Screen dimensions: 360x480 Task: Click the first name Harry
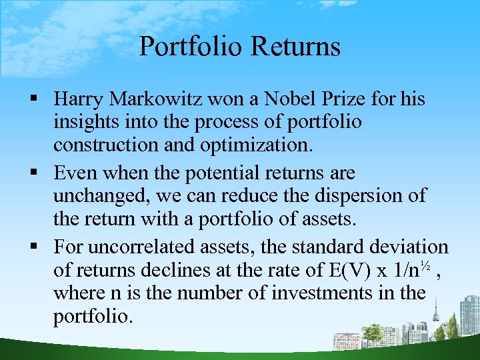click(79, 99)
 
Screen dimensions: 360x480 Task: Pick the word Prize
click(343, 99)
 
